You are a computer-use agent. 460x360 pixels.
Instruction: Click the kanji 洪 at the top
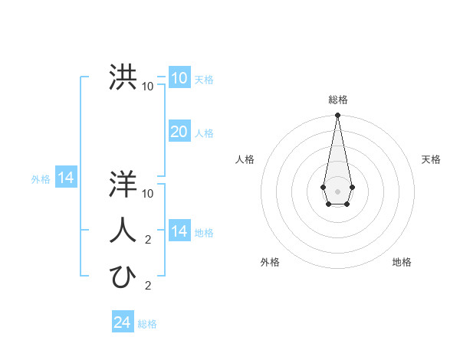[123, 77]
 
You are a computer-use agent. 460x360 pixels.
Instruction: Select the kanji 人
[123, 231]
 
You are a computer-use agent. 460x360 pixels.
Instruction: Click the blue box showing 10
[179, 78]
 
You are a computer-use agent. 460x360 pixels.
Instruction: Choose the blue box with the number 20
[179, 132]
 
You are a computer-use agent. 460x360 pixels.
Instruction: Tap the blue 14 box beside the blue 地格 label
[179, 231]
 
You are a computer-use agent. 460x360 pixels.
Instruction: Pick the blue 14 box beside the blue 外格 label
[66, 178]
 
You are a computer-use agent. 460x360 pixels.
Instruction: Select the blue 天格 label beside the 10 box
[204, 80]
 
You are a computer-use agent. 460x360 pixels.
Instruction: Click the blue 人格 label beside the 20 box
[204, 133]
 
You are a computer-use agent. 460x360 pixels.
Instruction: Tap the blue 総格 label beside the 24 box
[147, 324]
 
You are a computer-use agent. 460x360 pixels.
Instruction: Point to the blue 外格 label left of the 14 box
[41, 179]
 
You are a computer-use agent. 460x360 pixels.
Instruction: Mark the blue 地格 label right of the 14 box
[204, 233]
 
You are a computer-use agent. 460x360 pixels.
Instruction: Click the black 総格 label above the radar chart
[338, 100]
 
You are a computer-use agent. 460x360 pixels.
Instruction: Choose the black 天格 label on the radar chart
[431, 159]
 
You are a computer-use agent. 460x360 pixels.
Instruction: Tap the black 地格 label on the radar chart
[402, 262]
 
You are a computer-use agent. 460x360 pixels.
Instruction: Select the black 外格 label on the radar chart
[270, 262]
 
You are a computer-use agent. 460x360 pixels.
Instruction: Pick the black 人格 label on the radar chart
[245, 159]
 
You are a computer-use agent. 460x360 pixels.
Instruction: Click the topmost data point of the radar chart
[337, 116]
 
